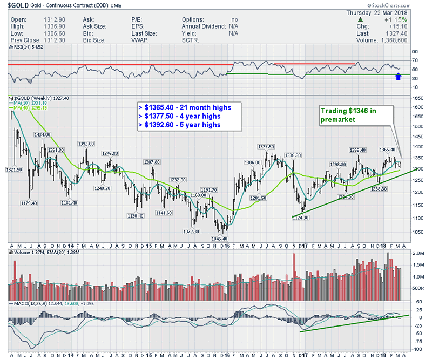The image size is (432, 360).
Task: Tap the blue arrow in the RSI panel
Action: [x=399, y=77]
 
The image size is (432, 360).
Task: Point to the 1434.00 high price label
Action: [x=43, y=134]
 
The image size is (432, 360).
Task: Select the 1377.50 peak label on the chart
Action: [x=267, y=146]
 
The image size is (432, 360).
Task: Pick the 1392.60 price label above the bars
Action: [x=86, y=144]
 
